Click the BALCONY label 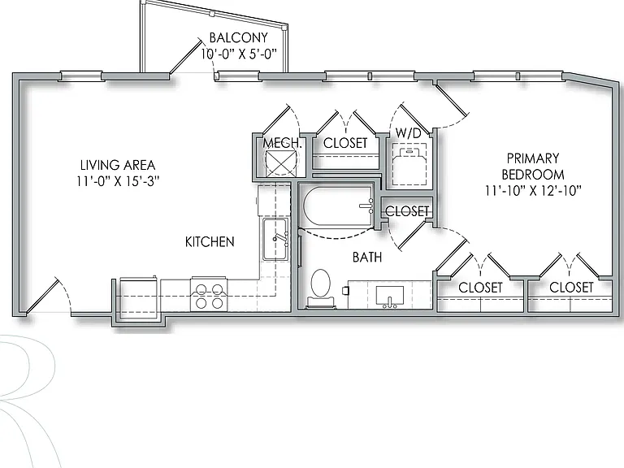pyautogui.click(x=238, y=38)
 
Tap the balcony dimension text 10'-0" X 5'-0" pyautogui.click(x=238, y=54)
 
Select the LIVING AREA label pyautogui.click(x=118, y=165)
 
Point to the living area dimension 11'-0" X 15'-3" pyautogui.click(x=118, y=181)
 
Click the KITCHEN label pyautogui.click(x=210, y=241)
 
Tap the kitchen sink pyautogui.click(x=275, y=239)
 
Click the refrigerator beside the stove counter pyautogui.click(x=138, y=296)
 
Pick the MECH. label pyautogui.click(x=282, y=143)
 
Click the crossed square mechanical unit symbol pyautogui.click(x=281, y=162)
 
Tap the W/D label pyautogui.click(x=409, y=133)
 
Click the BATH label pyautogui.click(x=367, y=257)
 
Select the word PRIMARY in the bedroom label pyautogui.click(x=533, y=158)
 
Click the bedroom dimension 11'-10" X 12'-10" pyautogui.click(x=533, y=191)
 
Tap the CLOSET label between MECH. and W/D pyautogui.click(x=345, y=143)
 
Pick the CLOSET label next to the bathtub pyautogui.click(x=407, y=211)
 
